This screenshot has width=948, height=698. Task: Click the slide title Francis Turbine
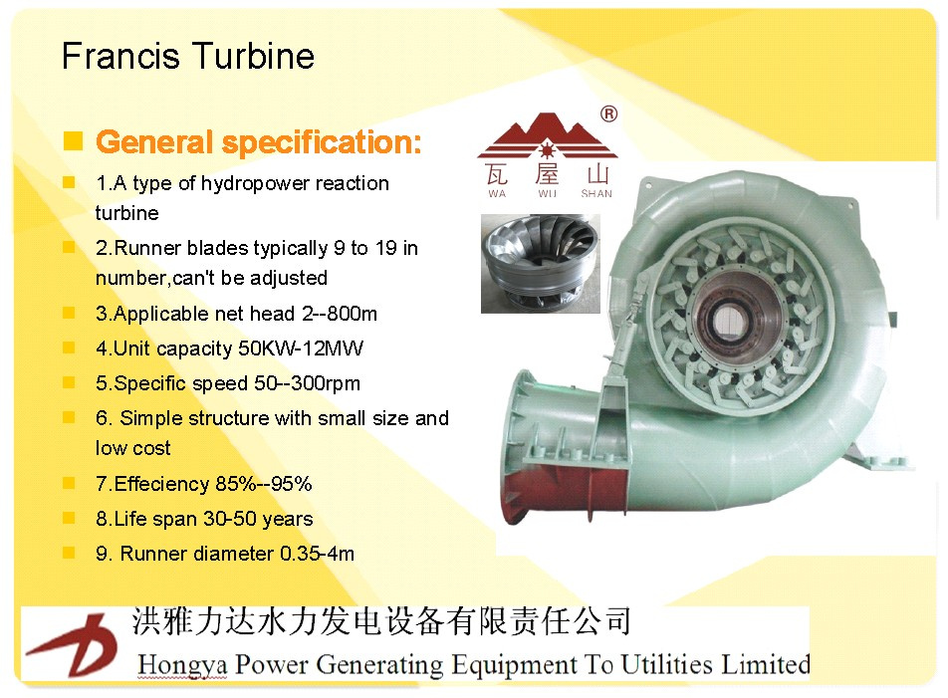(x=188, y=56)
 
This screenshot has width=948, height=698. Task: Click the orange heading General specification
(x=258, y=142)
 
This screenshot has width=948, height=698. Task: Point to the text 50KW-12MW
(x=301, y=349)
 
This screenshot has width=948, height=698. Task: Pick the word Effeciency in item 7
(x=161, y=484)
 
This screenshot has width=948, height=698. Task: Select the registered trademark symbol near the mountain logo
(x=608, y=114)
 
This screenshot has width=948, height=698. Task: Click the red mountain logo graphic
(x=547, y=135)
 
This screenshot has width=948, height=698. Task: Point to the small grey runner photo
(x=541, y=264)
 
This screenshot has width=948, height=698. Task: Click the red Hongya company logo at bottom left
(x=72, y=644)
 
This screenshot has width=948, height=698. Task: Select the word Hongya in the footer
(x=182, y=665)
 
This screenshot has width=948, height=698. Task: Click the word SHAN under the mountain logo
(x=596, y=194)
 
